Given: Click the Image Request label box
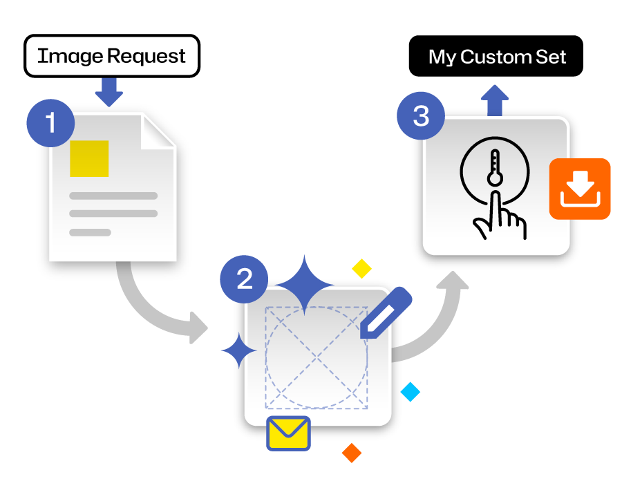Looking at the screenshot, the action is click(112, 56).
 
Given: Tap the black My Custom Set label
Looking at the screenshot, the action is click(496, 56).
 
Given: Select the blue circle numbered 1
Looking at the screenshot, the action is click(50, 123).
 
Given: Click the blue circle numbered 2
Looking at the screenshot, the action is click(244, 279).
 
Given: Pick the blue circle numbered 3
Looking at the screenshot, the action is click(421, 116).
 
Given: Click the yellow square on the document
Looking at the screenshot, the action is click(89, 158).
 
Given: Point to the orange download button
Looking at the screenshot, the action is click(580, 189).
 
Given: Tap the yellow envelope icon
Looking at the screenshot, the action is click(288, 433).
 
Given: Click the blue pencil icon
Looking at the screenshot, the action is click(386, 312).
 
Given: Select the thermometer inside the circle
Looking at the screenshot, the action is click(495, 167).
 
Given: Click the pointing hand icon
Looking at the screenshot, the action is click(499, 216).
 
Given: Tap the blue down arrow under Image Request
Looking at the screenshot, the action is click(109, 92).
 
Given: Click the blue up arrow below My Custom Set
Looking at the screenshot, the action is click(495, 100).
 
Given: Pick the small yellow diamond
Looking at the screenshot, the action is click(361, 269).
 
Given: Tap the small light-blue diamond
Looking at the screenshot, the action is click(410, 392).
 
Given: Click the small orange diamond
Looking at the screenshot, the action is click(352, 453).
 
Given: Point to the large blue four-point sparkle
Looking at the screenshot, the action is click(304, 285).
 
